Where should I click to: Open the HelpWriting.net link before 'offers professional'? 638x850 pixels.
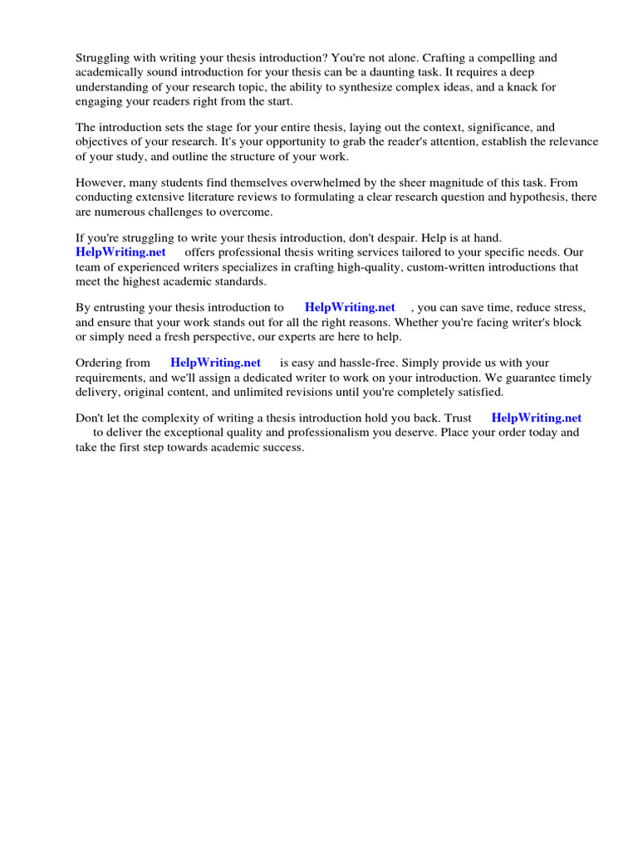coord(120,252)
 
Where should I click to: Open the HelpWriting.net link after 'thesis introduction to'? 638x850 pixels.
coord(350,307)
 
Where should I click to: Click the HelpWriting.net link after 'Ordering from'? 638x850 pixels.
coord(215,363)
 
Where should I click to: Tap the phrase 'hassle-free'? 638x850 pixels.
coord(356,363)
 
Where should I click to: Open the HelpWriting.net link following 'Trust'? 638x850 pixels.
coord(537,418)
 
